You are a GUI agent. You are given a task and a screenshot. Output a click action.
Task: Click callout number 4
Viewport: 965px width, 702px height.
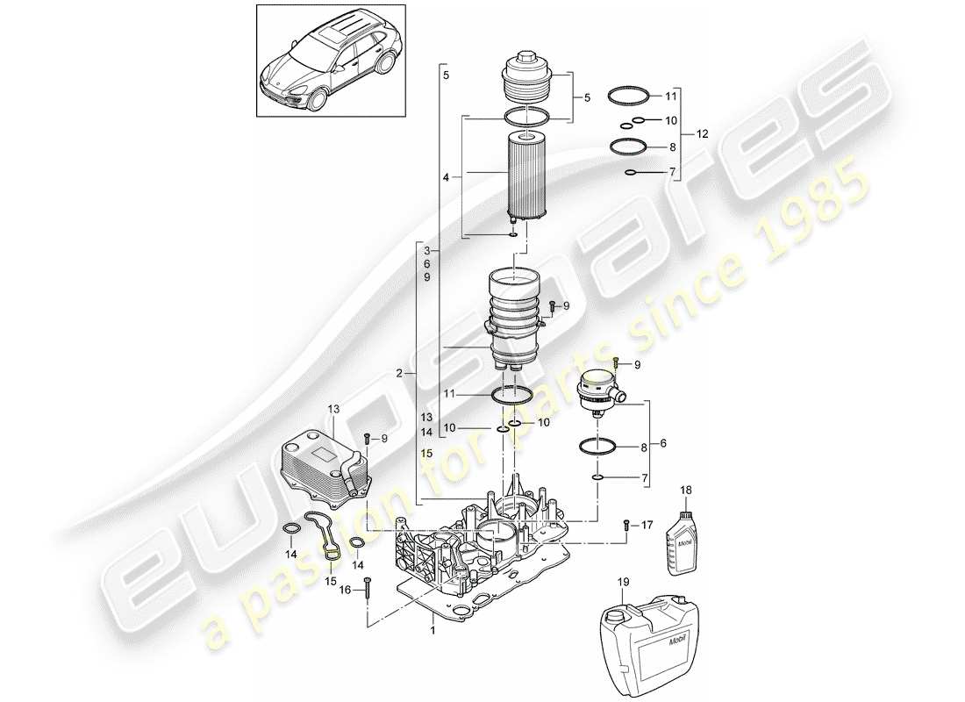(446, 176)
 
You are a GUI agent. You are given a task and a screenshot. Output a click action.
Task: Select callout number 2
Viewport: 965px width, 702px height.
(400, 373)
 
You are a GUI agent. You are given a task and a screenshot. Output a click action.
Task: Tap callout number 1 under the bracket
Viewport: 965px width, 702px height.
(432, 630)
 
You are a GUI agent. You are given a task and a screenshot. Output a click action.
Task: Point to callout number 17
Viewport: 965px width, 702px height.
(647, 526)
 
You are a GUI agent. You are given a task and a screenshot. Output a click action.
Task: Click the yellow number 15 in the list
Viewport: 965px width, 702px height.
(427, 454)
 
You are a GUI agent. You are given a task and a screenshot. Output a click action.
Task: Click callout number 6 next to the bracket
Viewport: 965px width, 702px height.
(662, 444)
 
